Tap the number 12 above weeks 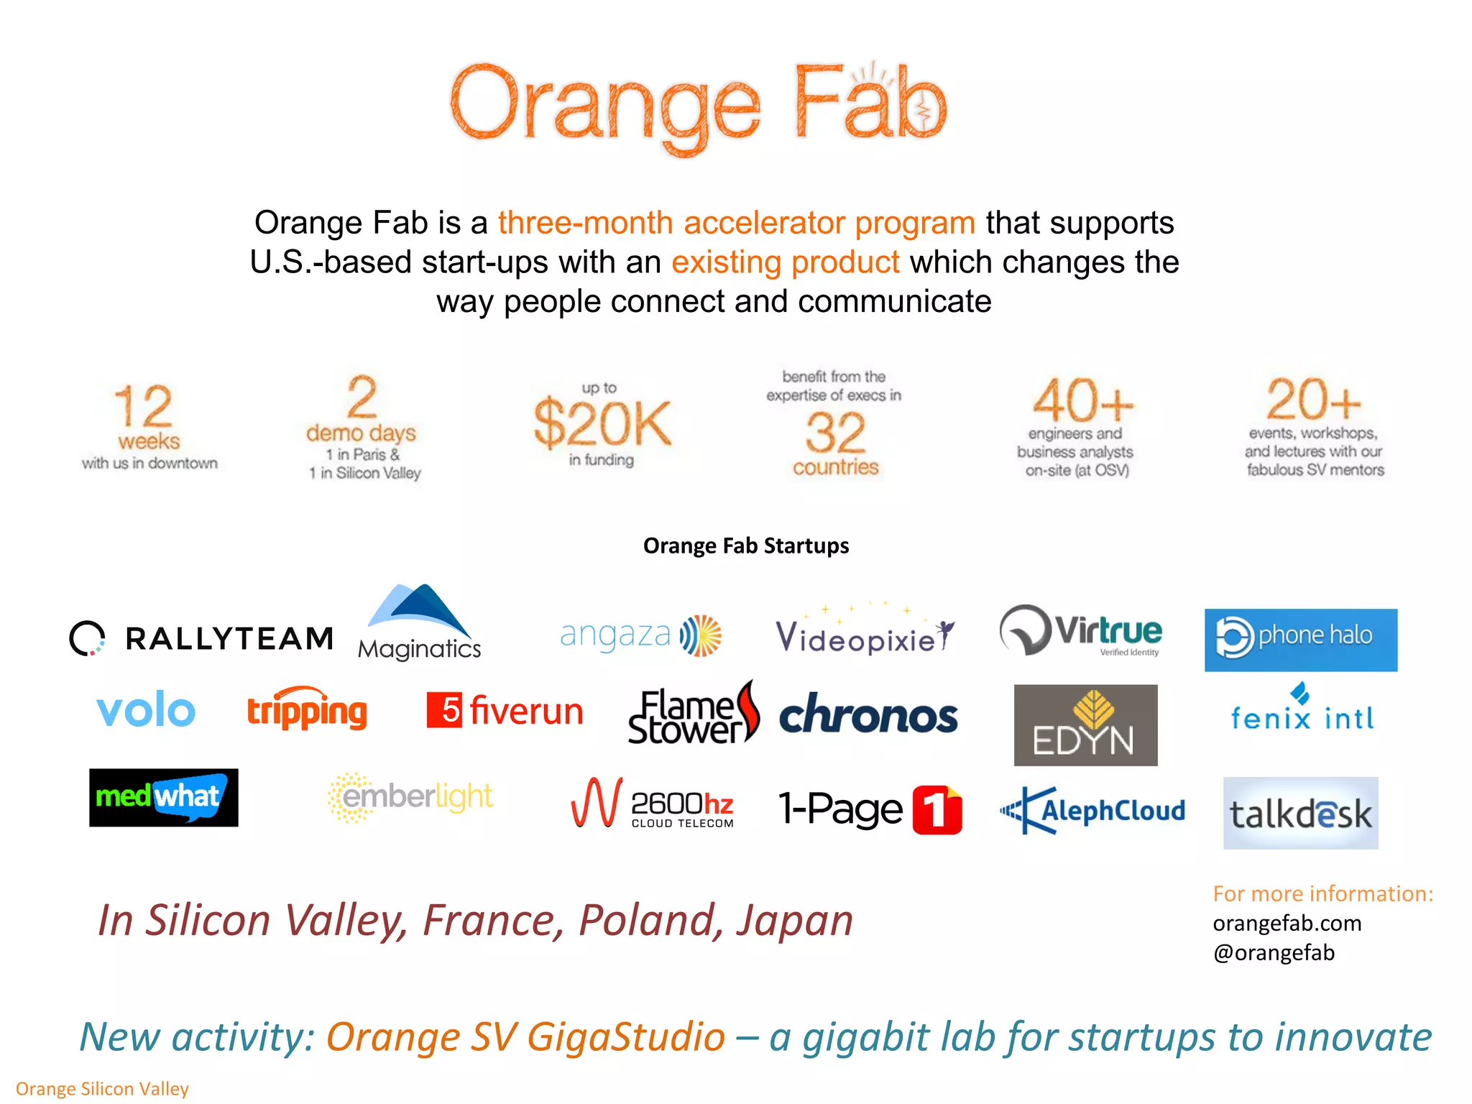[x=143, y=406]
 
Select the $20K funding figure [x=602, y=424]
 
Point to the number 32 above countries [x=834, y=432]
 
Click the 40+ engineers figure [x=1082, y=401]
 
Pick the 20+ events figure [x=1313, y=400]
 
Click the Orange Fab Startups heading [x=745, y=546]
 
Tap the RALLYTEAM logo [x=201, y=638]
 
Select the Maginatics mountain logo [x=420, y=622]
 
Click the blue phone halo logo [x=1300, y=640]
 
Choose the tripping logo [x=307, y=710]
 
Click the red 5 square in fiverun [x=443, y=710]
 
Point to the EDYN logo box [x=1085, y=724]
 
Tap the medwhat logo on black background [x=163, y=797]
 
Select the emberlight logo [x=410, y=797]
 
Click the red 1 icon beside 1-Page [x=937, y=810]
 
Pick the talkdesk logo [x=1300, y=813]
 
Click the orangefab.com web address [x=1287, y=923]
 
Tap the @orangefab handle [x=1274, y=952]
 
